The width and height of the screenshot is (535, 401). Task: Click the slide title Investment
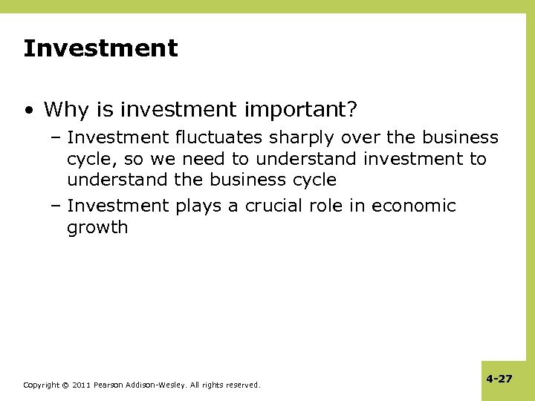[100, 49]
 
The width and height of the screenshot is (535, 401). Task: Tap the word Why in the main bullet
[61, 110]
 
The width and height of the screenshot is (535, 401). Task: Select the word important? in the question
[307, 111]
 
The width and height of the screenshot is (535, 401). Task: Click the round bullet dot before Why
[27, 111]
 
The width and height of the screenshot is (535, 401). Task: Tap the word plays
[197, 206]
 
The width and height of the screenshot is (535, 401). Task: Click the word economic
[413, 206]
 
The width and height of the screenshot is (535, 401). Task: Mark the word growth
[97, 228]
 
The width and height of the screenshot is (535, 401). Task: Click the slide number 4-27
[499, 379]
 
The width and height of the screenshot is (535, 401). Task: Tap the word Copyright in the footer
[41, 385]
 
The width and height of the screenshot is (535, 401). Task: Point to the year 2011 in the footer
[82, 385]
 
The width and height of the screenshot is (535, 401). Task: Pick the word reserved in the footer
[243, 385]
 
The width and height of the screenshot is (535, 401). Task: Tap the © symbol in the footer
[65, 385]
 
